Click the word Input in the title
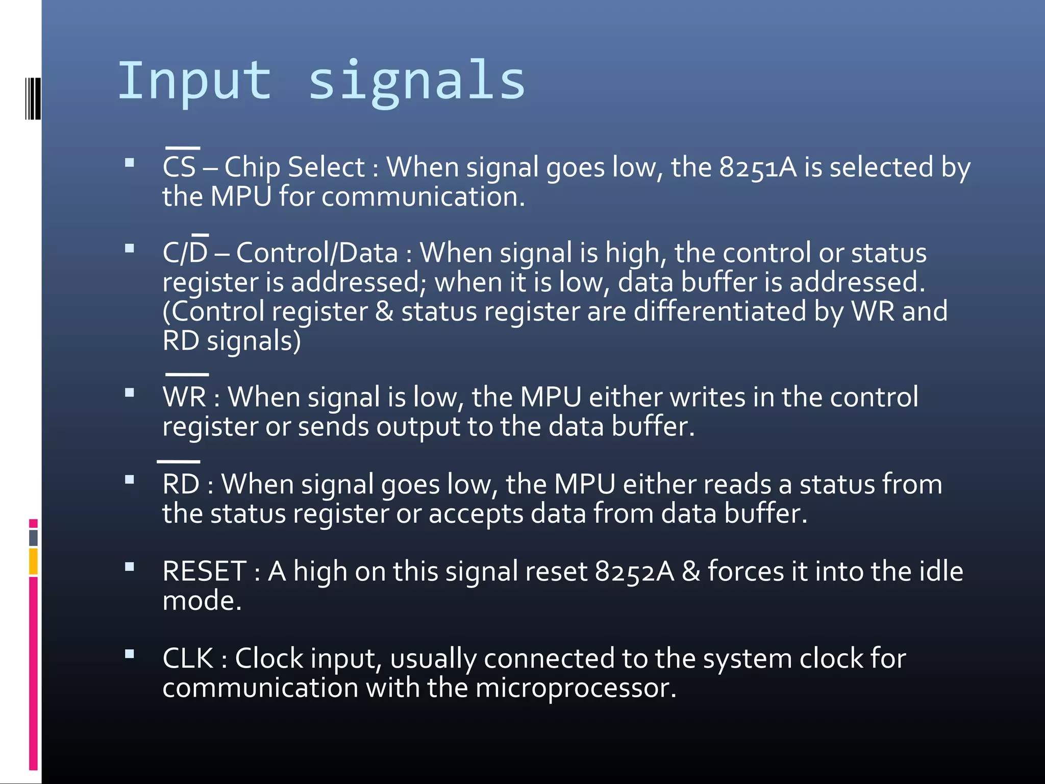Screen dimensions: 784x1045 pyautogui.click(x=194, y=81)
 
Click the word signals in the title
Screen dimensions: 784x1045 pyautogui.click(x=416, y=81)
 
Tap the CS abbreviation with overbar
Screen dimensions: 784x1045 pyautogui.click(x=180, y=166)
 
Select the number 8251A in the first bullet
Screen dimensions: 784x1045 pyautogui.click(x=757, y=167)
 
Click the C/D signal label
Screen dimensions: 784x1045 pyautogui.click(x=185, y=253)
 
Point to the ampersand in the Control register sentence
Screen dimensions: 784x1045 pyautogui.click(x=384, y=311)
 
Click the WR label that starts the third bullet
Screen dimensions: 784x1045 pyautogui.click(x=185, y=397)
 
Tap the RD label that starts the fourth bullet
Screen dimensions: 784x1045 pyautogui.click(x=181, y=483)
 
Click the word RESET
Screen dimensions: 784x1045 pyautogui.click(x=205, y=571)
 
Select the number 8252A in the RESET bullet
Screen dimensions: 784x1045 pyautogui.click(x=634, y=571)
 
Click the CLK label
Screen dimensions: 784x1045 pyautogui.click(x=188, y=658)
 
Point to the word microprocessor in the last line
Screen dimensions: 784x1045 pyautogui.click(x=575, y=688)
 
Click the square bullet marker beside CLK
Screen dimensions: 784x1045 pyautogui.click(x=130, y=654)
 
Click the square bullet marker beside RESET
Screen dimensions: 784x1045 pyautogui.click(x=130, y=567)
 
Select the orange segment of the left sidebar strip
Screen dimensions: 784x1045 pyautogui.click(x=33, y=561)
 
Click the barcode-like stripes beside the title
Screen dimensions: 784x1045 pyautogui.click(x=33, y=99)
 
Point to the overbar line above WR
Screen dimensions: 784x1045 pyautogui.click(x=187, y=375)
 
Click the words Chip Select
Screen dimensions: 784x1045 pyautogui.click(x=294, y=167)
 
